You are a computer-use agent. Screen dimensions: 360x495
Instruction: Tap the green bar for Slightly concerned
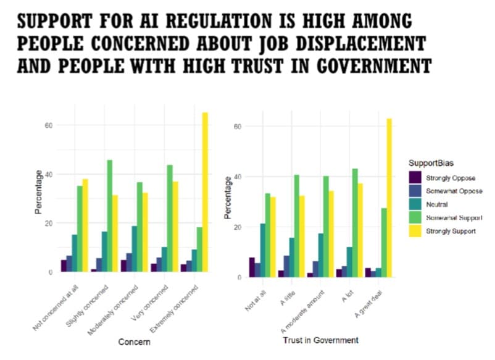coord(109,216)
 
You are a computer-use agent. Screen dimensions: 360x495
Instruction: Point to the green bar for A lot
coord(354,222)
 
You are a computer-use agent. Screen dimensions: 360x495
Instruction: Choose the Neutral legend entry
coord(445,204)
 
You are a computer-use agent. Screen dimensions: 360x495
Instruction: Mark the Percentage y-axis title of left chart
coord(38,192)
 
